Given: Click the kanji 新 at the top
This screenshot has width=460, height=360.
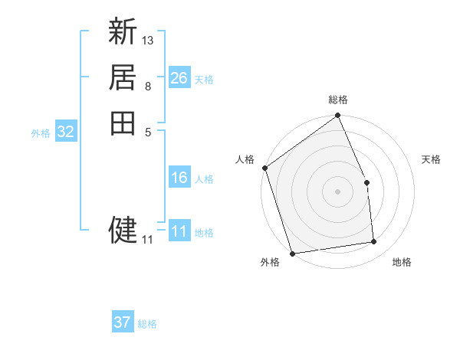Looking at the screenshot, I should pyautogui.click(x=123, y=32).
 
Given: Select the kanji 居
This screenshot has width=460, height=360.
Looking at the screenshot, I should pyautogui.click(x=123, y=77).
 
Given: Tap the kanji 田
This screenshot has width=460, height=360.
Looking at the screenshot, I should pyautogui.click(x=123, y=123).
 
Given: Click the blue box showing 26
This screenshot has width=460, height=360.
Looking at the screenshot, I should pyautogui.click(x=179, y=78).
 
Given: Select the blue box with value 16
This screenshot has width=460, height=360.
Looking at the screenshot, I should pyautogui.click(x=179, y=178).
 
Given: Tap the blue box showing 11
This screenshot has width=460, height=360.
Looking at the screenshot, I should pyautogui.click(x=179, y=231).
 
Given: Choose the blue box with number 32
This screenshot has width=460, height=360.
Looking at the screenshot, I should pyautogui.click(x=66, y=132).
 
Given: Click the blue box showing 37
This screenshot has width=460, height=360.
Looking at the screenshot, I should pyautogui.click(x=122, y=322).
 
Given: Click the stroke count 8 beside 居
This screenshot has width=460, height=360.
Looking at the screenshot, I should pyautogui.click(x=147, y=85).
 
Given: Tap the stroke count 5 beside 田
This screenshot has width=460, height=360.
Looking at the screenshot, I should pyautogui.click(x=147, y=131).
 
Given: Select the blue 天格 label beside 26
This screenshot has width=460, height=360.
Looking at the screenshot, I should pyautogui.click(x=204, y=80).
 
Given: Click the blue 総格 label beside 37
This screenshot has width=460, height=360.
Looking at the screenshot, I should pyautogui.click(x=147, y=324).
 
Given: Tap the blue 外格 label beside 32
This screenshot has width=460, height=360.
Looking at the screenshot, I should pyautogui.click(x=41, y=133).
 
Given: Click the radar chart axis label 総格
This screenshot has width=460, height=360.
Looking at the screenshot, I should pyautogui.click(x=338, y=100).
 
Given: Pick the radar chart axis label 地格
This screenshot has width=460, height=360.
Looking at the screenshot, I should pyautogui.click(x=402, y=263).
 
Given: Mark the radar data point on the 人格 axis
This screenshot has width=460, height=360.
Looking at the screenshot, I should pyautogui.click(x=265, y=168).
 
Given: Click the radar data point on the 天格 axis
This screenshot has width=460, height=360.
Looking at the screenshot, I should pyautogui.click(x=366, y=182).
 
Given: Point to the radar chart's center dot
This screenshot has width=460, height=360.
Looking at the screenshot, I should pyautogui.click(x=337, y=191).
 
